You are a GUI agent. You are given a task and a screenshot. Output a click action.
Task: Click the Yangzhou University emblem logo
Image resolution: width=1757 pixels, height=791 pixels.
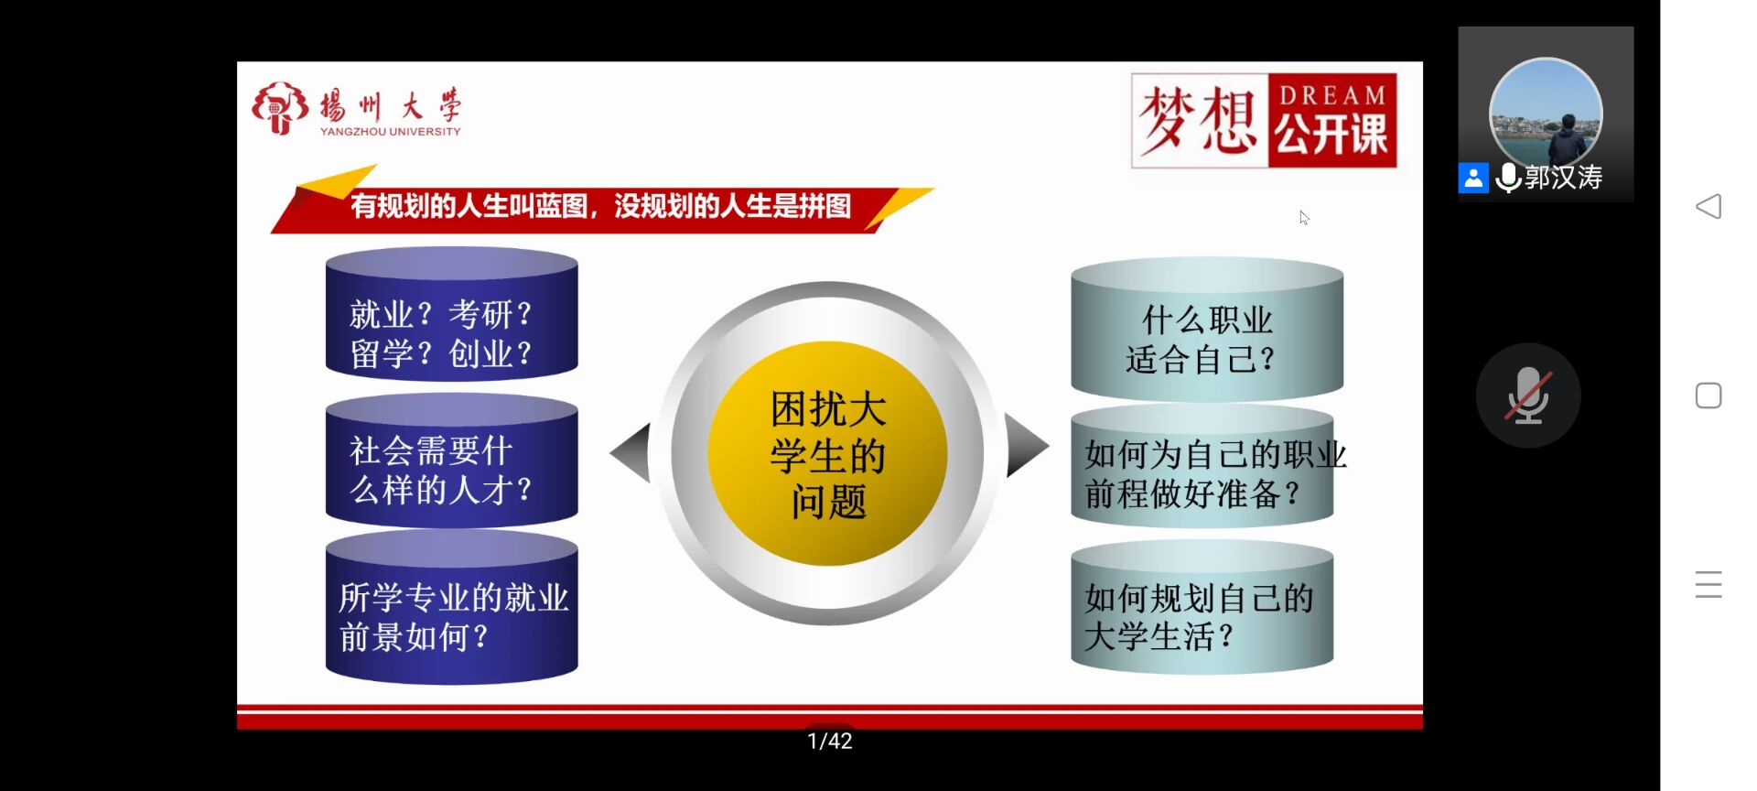[280, 108]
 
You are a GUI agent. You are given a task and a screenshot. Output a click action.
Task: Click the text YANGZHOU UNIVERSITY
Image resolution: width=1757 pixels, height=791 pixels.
[391, 132]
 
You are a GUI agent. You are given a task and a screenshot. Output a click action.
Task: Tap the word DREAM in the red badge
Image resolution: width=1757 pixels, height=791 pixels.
[1332, 95]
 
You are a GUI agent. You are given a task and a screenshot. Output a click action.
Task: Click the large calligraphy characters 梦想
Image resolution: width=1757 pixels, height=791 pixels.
[1198, 121]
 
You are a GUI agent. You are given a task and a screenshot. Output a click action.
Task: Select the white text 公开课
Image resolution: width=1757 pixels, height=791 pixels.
[1331, 135]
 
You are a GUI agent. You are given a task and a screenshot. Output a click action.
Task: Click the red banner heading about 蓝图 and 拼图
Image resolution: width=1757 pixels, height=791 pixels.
[600, 206]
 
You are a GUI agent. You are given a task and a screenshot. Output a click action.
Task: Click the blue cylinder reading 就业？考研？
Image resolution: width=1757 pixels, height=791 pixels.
[452, 313]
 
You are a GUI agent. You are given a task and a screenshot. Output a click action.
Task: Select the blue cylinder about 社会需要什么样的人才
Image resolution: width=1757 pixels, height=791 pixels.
[452, 461]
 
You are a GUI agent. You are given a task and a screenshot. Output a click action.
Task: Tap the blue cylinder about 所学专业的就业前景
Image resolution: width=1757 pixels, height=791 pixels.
[452, 607]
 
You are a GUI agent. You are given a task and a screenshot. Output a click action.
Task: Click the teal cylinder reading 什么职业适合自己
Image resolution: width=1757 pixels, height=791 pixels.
[1207, 330]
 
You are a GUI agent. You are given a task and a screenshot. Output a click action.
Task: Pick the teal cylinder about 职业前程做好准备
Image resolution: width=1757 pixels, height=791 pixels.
[1202, 467]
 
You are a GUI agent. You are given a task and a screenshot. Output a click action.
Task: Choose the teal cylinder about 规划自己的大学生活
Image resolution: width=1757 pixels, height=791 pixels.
[1202, 607]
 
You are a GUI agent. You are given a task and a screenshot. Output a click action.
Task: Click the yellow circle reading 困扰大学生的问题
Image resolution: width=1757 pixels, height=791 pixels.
[827, 454]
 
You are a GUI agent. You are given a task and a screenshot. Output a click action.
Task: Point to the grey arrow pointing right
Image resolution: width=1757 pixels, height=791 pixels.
[1026, 445]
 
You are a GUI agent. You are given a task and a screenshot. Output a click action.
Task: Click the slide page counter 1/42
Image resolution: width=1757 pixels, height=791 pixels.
[830, 742]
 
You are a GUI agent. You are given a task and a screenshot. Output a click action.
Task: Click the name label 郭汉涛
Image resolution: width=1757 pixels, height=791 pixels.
[1564, 178]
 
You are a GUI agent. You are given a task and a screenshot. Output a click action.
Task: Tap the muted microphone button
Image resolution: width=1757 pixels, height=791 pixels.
[1528, 395]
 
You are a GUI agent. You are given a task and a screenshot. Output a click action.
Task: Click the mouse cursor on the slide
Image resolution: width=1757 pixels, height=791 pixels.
[1304, 218]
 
